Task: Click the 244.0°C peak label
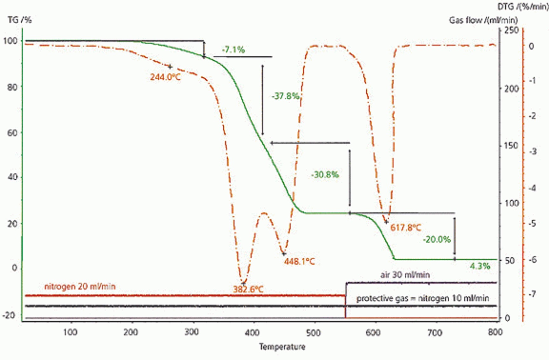click(x=165, y=77)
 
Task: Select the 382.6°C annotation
click(x=248, y=289)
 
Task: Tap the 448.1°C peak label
click(x=299, y=262)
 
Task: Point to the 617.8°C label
click(x=405, y=228)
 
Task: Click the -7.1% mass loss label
click(x=233, y=50)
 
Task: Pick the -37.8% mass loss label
click(x=285, y=96)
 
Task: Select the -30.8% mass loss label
click(x=325, y=175)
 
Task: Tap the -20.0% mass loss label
click(x=437, y=239)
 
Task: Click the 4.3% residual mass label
click(x=480, y=266)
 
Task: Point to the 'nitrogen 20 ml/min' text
click(x=80, y=287)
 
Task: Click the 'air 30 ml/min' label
click(x=405, y=275)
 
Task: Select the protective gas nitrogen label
click(x=423, y=298)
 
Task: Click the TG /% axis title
click(x=20, y=20)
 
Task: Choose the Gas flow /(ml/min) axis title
click(x=483, y=20)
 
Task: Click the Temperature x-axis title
click(x=282, y=347)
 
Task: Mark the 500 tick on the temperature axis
click(x=313, y=332)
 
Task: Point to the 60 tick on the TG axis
click(x=12, y=133)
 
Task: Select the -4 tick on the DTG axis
click(x=532, y=188)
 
